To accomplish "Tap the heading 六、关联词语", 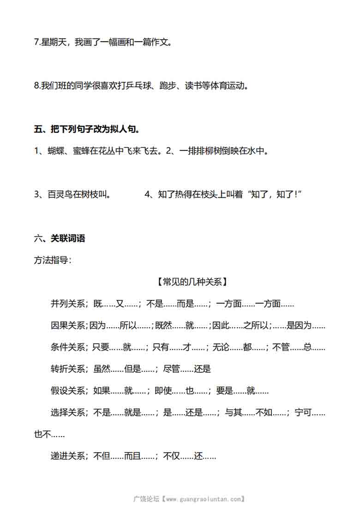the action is [60, 239].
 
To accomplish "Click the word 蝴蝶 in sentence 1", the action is [55, 151].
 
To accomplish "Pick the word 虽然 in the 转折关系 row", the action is [102, 369].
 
